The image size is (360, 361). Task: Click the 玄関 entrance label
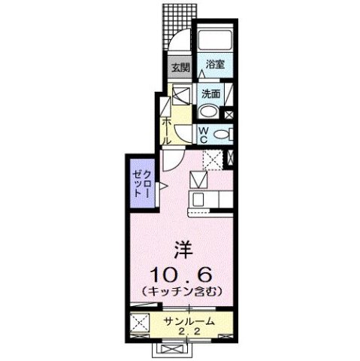pos(178,67)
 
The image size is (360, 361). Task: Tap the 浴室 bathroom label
pos(215,65)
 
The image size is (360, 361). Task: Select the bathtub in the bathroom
pos(216,41)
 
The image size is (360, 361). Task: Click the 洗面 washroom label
pos(210,94)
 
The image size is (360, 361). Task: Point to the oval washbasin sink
pos(211,113)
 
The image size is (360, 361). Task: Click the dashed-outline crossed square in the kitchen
pos(213,159)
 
